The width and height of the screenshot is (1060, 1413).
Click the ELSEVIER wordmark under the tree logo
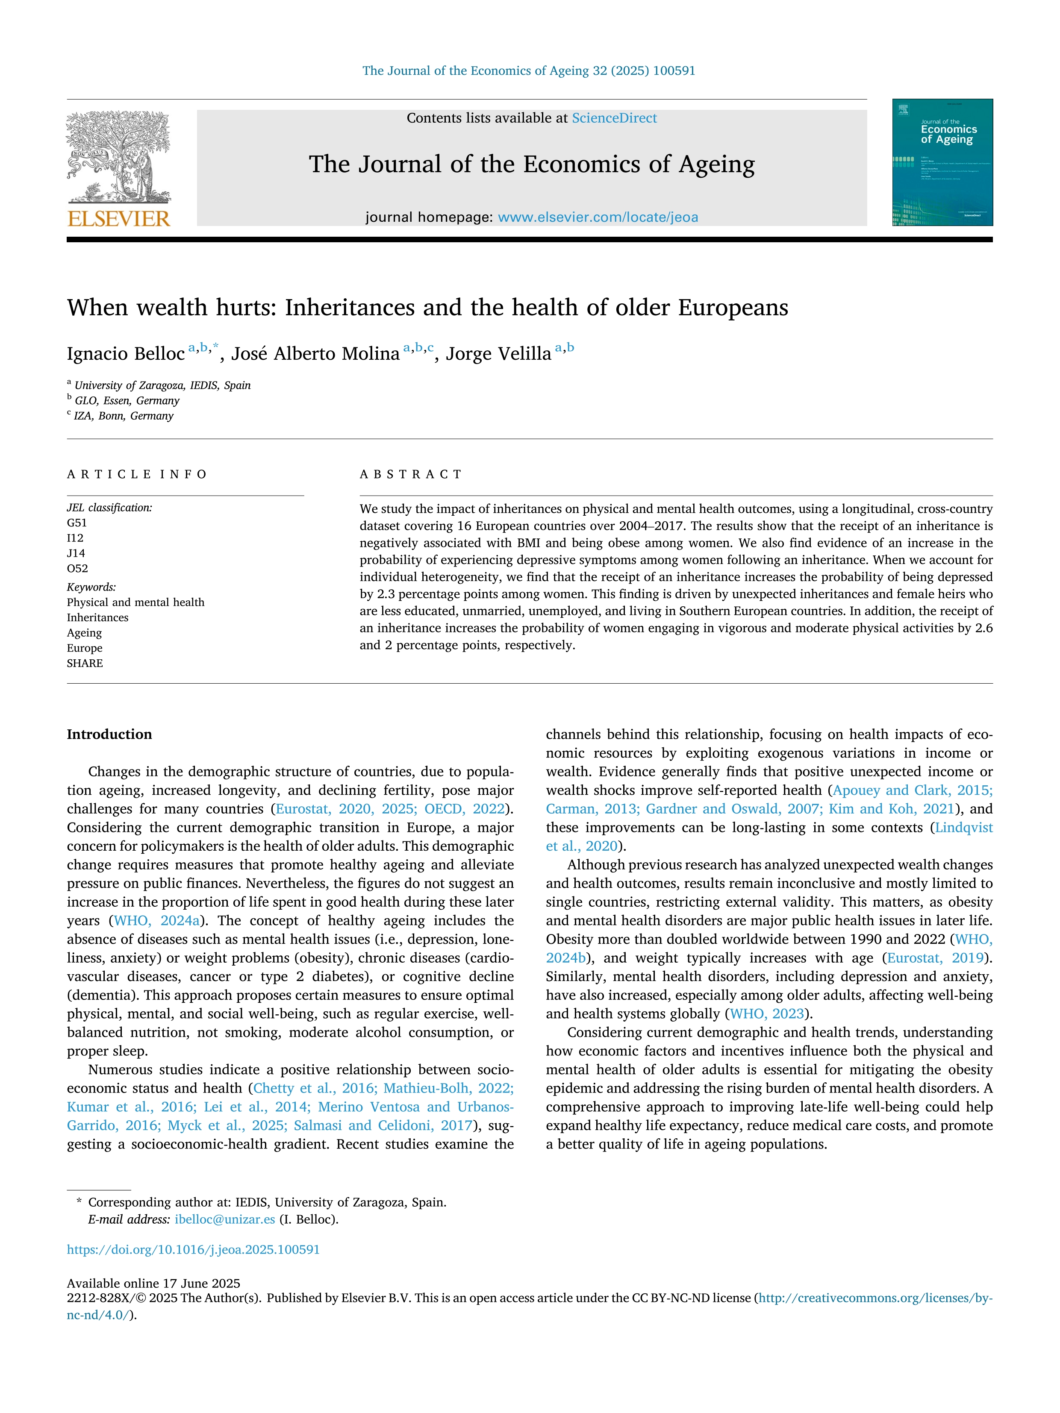(119, 219)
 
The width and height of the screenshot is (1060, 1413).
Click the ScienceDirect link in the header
(614, 118)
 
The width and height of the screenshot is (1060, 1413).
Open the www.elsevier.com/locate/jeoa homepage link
(598, 217)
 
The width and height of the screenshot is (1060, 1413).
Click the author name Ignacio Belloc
(126, 354)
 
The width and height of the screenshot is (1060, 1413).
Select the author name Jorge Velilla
(498, 354)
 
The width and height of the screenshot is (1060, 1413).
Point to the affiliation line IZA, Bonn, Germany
(124, 416)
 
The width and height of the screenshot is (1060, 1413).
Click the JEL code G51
(77, 523)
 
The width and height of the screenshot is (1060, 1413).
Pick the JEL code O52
(77, 569)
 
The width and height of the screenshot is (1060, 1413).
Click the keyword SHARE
(85, 664)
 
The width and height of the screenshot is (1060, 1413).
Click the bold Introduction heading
(109, 734)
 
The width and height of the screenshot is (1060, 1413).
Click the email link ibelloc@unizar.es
(225, 1219)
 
